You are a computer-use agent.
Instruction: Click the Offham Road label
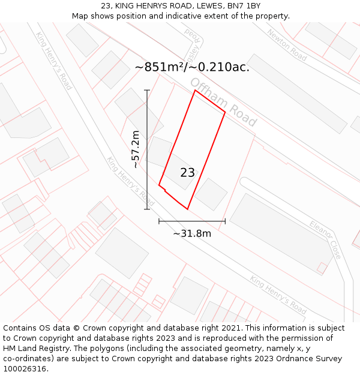coord(223,101)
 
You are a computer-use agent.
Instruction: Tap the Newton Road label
coord(287,45)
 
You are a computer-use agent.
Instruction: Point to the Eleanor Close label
coord(325,239)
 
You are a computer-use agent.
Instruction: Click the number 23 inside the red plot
coord(187,173)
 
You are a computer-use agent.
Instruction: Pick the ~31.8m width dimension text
coord(192,233)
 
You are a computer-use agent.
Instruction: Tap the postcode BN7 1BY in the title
coord(245,5)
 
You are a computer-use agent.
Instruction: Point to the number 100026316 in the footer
coord(26,368)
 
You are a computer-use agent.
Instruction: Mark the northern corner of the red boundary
coord(194,91)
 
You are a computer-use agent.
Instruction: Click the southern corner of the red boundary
coord(188,209)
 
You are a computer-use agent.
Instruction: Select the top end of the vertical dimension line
coord(147,90)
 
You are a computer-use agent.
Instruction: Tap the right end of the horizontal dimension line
coord(225,221)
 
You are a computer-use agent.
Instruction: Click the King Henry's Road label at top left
coord(54,61)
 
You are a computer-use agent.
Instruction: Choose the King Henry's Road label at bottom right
coord(278,295)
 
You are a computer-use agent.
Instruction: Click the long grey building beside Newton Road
coord(297,94)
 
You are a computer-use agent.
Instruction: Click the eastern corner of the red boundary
coord(225,112)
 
